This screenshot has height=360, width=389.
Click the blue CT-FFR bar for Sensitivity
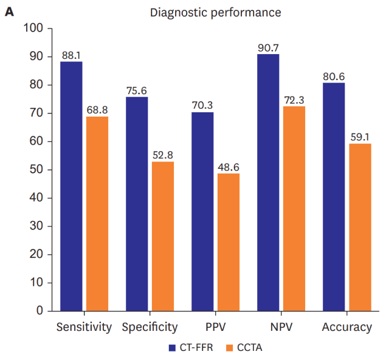click(x=71, y=186)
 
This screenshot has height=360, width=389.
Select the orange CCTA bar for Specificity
click(x=162, y=236)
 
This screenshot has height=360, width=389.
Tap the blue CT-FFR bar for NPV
click(x=268, y=182)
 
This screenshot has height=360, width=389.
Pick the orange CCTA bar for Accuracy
click(x=360, y=227)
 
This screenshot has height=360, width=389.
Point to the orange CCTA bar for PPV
click(x=228, y=242)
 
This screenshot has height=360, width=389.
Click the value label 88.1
click(x=71, y=55)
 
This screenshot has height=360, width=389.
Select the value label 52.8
click(x=162, y=155)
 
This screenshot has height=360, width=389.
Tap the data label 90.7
click(x=268, y=48)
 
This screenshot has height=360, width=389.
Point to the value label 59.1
click(x=360, y=137)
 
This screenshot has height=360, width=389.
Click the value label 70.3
click(x=202, y=106)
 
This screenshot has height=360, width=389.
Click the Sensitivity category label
click(x=84, y=327)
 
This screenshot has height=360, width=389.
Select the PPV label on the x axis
click(x=215, y=327)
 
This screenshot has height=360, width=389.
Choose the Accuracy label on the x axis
click(x=346, y=327)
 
